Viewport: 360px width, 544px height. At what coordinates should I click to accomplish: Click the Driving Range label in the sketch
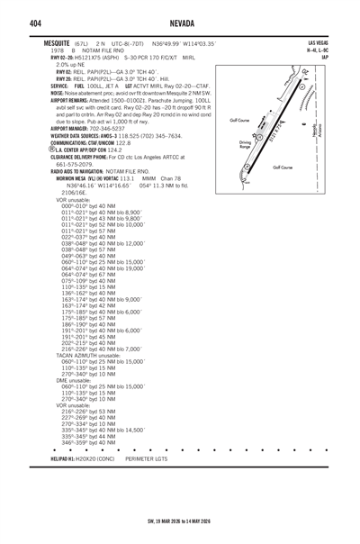(245, 144)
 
